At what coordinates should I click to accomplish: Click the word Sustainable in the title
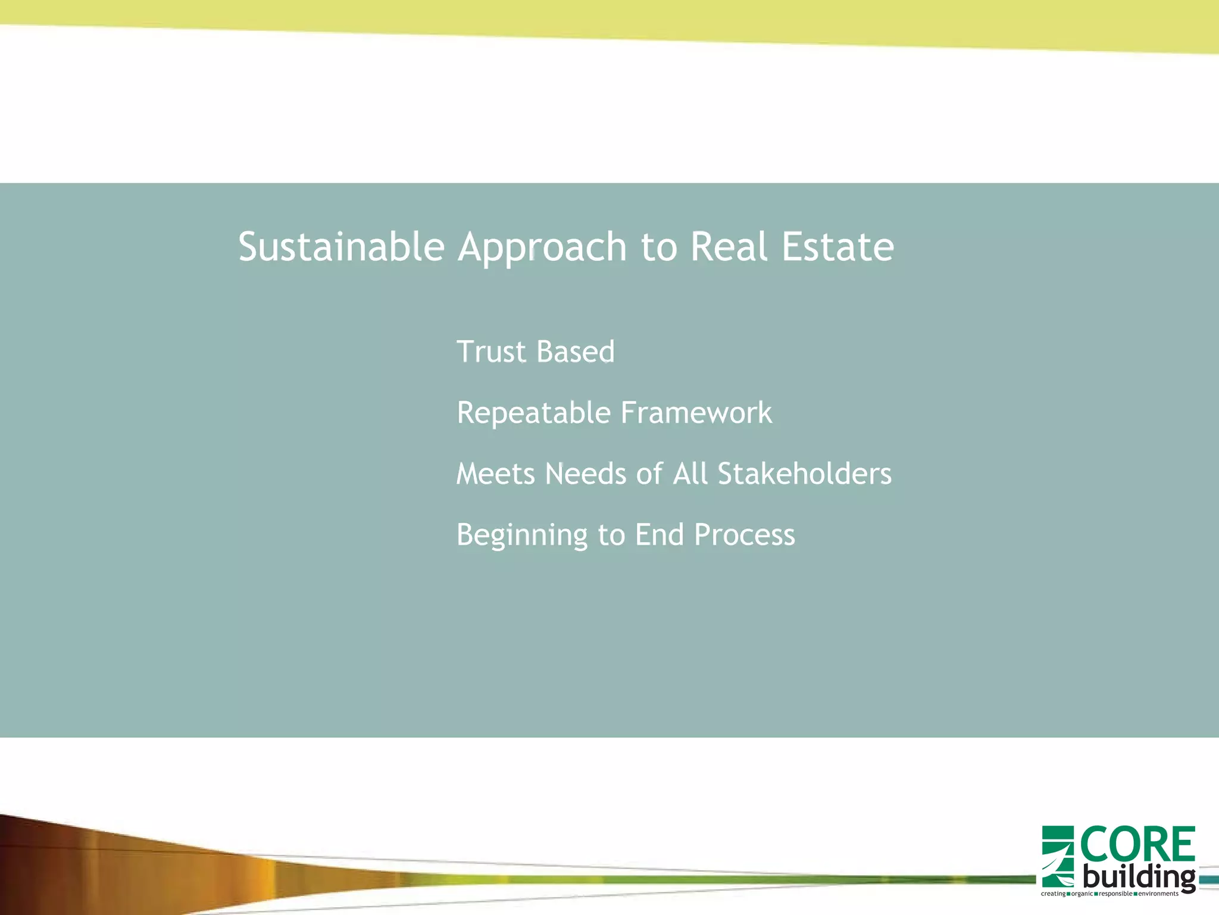pos(341,247)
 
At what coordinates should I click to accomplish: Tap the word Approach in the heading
pos(542,248)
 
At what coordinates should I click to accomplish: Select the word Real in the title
pos(729,247)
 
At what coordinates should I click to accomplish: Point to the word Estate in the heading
pos(837,247)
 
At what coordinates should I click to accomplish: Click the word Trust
pos(491,351)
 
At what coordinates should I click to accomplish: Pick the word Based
pos(575,351)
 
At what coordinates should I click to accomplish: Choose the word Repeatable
pos(533,413)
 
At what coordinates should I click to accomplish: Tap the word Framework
pos(696,413)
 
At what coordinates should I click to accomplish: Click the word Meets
pos(495,474)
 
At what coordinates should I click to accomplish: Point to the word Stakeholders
pos(804,474)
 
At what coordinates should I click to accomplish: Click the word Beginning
pos(522,536)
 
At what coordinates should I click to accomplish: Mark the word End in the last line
pos(659,535)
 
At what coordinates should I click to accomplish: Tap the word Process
pos(745,535)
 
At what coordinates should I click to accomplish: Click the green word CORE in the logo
pos(1137,844)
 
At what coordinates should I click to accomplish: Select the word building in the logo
pos(1139,877)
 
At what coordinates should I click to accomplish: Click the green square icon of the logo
pos(1058,857)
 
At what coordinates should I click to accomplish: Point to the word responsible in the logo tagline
pos(1115,894)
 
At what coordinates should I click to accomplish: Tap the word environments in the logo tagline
pos(1158,894)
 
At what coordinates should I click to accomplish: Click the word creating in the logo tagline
pos(1053,894)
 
